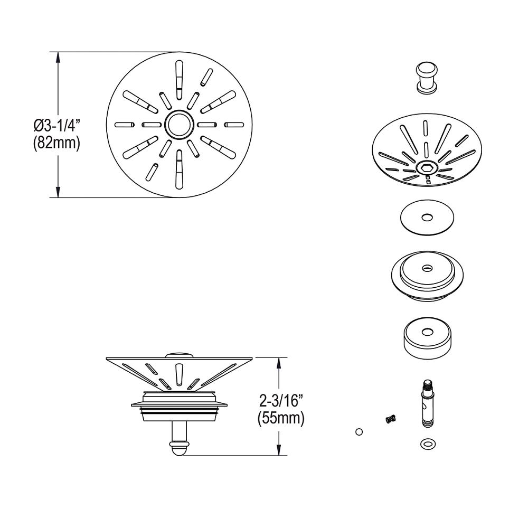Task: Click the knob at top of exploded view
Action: pos(426,77)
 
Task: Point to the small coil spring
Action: pos(391,419)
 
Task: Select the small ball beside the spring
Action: pos(359,432)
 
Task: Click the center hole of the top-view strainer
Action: pos(179,125)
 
